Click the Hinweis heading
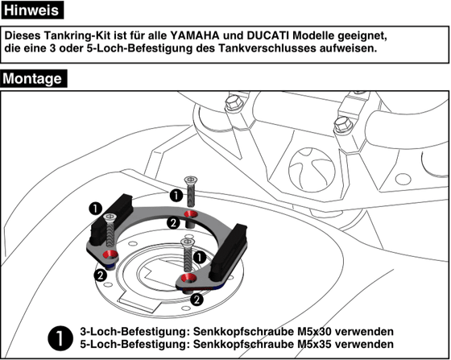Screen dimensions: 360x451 pyautogui.click(x=32, y=10)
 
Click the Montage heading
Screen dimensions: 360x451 pyautogui.click(x=34, y=79)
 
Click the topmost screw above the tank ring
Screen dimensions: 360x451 pyautogui.click(x=191, y=190)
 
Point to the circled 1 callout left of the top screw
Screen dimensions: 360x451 pyautogui.click(x=175, y=194)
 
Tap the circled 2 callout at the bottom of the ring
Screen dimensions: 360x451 pyautogui.click(x=196, y=299)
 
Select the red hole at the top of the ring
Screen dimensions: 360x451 pyautogui.click(x=190, y=214)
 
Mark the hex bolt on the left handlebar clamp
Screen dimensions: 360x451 pyautogui.click(x=234, y=103)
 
